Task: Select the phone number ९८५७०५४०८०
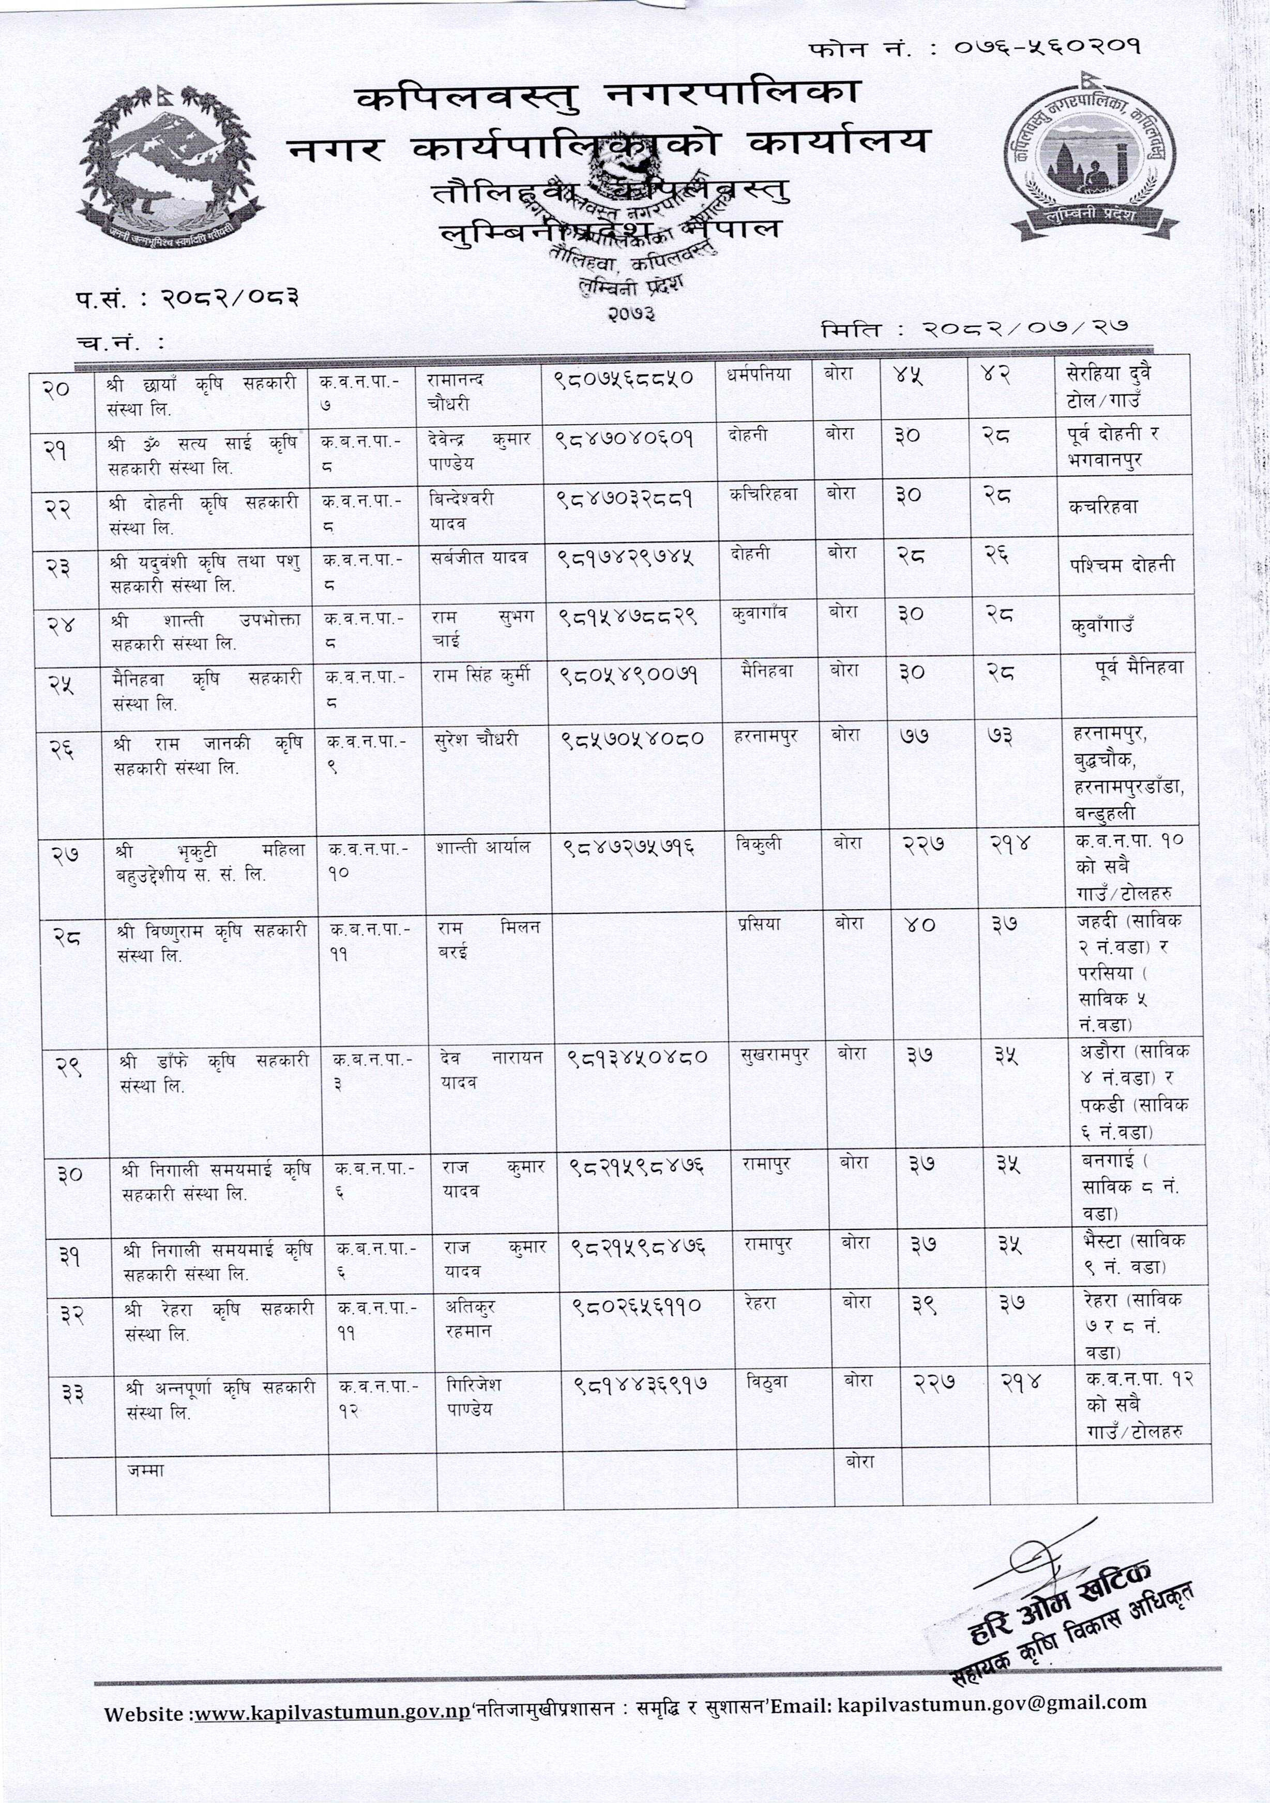coord(631,740)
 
